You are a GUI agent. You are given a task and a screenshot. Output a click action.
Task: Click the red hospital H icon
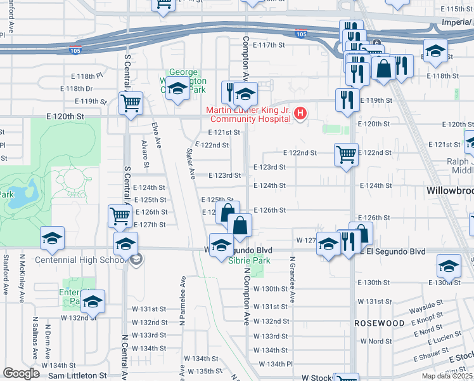(x=301, y=114)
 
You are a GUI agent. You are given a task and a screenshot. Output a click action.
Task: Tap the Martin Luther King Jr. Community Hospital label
(x=248, y=114)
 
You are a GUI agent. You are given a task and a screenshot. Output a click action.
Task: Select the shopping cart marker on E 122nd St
(x=346, y=154)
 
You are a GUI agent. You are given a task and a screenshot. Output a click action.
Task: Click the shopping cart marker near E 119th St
(x=131, y=102)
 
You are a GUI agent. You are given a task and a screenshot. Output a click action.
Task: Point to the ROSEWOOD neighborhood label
(x=380, y=323)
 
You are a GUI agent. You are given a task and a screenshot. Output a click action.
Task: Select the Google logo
(x=22, y=373)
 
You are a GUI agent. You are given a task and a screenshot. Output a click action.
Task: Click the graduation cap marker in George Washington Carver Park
(x=177, y=90)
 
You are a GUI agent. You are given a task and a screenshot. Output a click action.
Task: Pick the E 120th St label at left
(x=65, y=117)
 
